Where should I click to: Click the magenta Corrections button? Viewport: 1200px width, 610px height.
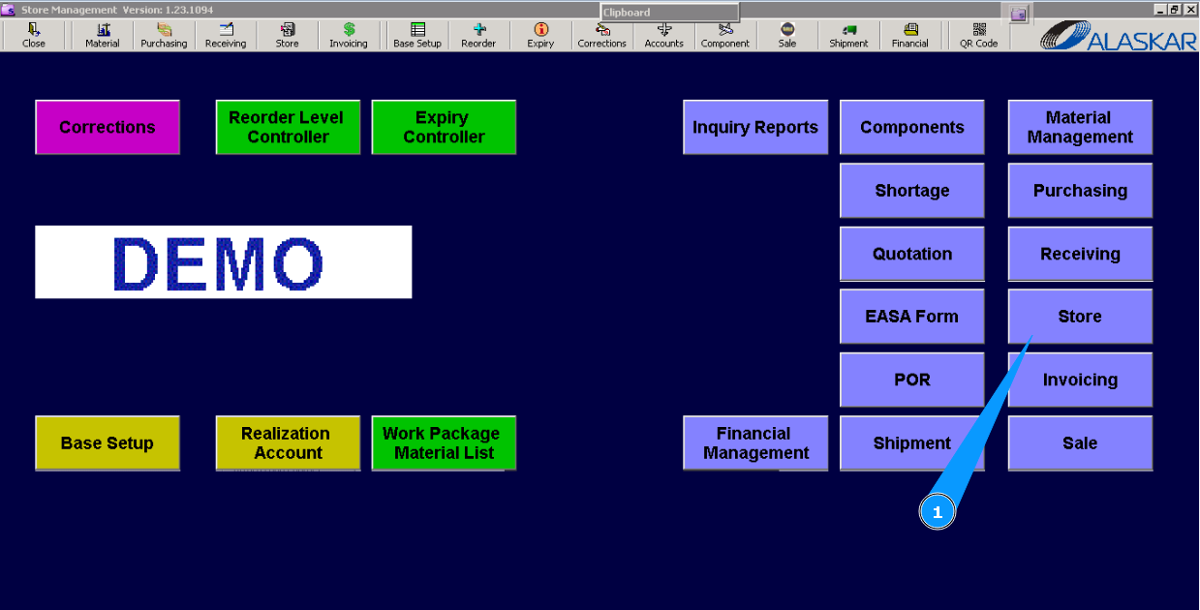[x=108, y=127]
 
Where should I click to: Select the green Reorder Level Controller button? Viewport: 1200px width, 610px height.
[x=288, y=127]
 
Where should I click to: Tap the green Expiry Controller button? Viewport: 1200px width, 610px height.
[x=444, y=127]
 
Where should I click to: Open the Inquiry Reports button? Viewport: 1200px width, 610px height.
[x=755, y=127]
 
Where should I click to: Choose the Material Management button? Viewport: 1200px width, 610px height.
[x=1080, y=127]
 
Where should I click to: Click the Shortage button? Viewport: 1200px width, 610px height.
[x=911, y=191]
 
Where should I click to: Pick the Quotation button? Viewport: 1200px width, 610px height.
[x=911, y=254]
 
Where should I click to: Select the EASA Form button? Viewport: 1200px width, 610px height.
[x=911, y=317]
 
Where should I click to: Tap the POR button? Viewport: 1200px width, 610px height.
[x=911, y=380]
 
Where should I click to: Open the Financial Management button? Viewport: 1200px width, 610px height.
[x=755, y=443]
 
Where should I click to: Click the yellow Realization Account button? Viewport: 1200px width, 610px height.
[x=288, y=443]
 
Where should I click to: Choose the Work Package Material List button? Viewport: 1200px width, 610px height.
[x=444, y=443]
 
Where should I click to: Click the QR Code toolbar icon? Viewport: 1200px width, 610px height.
[x=978, y=36]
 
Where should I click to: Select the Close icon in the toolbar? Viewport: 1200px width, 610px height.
[x=34, y=36]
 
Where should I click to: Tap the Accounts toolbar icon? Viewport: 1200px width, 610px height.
[x=663, y=36]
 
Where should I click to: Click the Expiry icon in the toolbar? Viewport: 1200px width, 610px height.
[x=540, y=36]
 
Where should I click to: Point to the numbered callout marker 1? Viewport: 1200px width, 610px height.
[x=937, y=512]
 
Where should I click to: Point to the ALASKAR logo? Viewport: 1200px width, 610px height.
[x=1119, y=36]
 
